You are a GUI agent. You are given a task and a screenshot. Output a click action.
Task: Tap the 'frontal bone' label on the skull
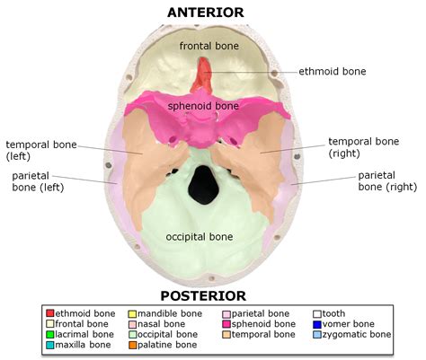pos(207,45)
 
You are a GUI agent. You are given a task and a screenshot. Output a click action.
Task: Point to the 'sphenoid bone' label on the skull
pos(203,106)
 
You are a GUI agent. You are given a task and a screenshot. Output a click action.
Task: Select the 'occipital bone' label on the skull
pos(200,237)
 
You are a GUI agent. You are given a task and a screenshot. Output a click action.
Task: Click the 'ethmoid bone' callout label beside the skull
pos(333,71)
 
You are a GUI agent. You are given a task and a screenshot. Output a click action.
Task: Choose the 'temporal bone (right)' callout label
pos(363,148)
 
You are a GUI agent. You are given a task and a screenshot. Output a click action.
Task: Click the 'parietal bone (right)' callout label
pos(387,181)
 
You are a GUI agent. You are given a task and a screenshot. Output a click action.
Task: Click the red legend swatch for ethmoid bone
pos(49,313)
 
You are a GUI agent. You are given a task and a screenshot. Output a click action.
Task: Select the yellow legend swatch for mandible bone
pos(132,313)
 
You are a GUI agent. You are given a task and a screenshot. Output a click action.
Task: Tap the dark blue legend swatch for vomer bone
pos(317,324)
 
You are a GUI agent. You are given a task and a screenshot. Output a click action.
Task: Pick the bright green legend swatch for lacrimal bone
pos(49,334)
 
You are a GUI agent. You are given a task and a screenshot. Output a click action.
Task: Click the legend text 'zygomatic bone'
pos(358,334)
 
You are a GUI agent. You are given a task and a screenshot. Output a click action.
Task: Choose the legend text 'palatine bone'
pos(168,345)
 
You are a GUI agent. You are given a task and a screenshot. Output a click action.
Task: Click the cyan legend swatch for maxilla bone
pos(49,345)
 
